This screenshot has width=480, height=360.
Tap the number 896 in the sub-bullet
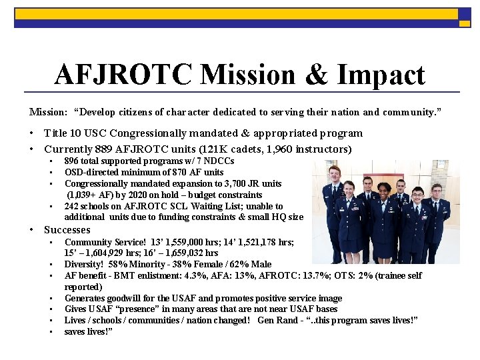(x=72, y=161)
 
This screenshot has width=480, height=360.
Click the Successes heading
(x=67, y=230)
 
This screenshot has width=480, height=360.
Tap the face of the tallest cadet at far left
(x=335, y=173)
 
